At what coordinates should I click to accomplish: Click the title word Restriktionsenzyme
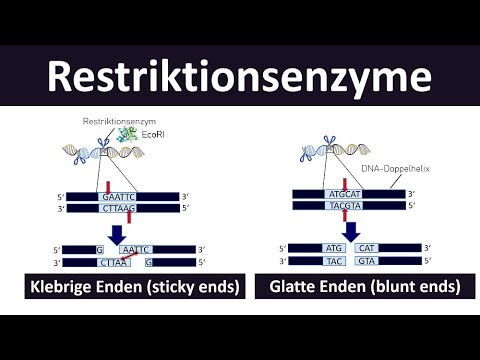[x=239, y=76]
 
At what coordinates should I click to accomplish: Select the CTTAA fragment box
[x=113, y=262]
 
